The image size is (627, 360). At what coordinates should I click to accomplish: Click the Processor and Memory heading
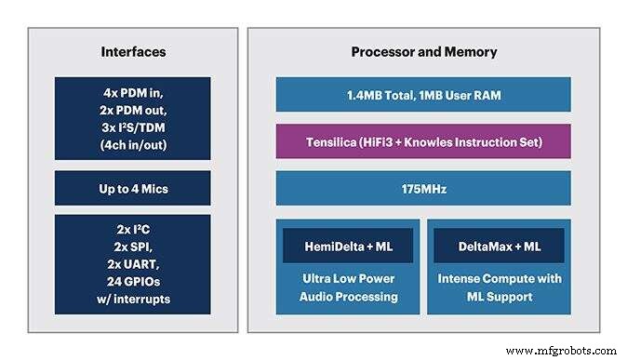pos(423,52)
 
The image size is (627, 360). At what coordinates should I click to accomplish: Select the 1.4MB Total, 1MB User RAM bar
pos(423,94)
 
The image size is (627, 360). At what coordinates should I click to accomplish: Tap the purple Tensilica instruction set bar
pos(423,141)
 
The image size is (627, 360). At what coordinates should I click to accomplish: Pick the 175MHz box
pos(423,188)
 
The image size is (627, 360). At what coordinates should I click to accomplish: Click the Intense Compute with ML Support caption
pos(500,287)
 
